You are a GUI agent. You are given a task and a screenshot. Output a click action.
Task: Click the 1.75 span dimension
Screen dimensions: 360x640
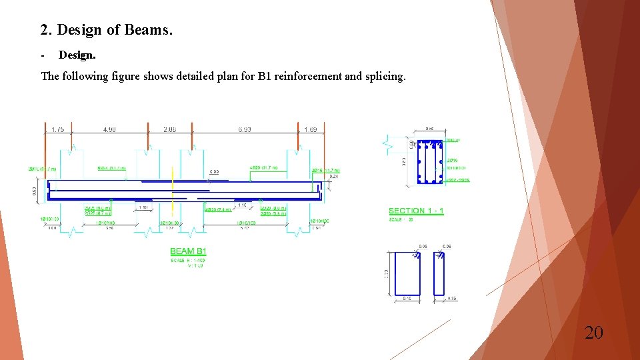(57, 129)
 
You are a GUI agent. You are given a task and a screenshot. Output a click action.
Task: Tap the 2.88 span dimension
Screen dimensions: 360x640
(169, 129)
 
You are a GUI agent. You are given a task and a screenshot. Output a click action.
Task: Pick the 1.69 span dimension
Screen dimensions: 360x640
(311, 129)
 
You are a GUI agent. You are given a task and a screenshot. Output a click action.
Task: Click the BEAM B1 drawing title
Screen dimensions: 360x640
(189, 251)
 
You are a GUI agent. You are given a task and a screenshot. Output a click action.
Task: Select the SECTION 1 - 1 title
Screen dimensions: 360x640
(416, 211)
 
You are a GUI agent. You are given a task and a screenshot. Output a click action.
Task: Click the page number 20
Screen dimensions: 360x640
(593, 332)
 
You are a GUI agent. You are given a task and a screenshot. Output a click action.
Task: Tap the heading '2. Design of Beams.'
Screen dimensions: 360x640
(106, 30)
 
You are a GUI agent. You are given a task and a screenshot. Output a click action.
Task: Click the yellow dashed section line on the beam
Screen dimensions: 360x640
(173, 190)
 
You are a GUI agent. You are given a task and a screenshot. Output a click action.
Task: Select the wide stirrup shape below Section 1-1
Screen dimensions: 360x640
(407, 273)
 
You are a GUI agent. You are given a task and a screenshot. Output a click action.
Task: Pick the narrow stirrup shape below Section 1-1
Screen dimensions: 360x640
(439, 273)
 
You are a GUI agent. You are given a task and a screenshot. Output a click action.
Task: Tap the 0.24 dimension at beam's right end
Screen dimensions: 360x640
(334, 177)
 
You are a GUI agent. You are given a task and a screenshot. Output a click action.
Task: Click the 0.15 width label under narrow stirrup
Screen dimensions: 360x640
(452, 299)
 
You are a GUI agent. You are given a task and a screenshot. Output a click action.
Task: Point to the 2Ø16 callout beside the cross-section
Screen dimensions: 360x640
(452, 161)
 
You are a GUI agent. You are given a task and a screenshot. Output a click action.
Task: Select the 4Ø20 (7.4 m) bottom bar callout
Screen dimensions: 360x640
(218, 209)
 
